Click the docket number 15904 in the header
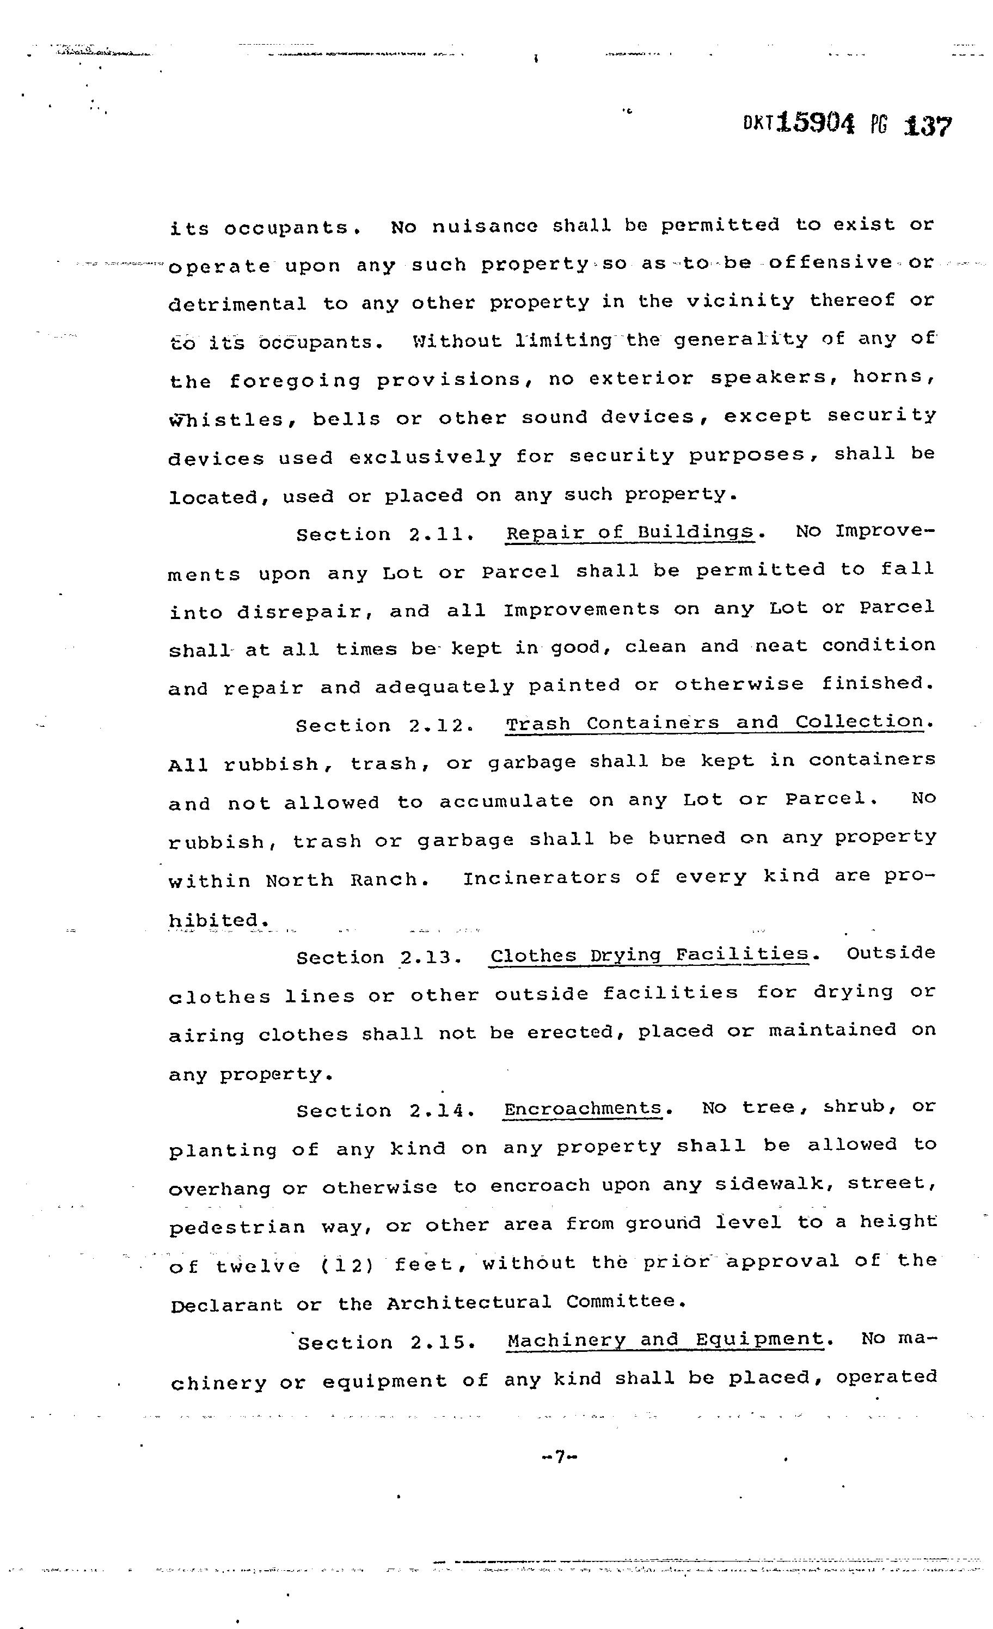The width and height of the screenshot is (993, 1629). (817, 123)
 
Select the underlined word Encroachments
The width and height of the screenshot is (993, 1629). (583, 1108)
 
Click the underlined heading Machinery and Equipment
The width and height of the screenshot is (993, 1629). (666, 1339)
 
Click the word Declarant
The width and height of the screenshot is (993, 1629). (226, 1305)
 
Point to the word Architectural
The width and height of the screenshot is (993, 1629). (468, 1303)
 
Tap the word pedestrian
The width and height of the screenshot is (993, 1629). (237, 1227)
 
